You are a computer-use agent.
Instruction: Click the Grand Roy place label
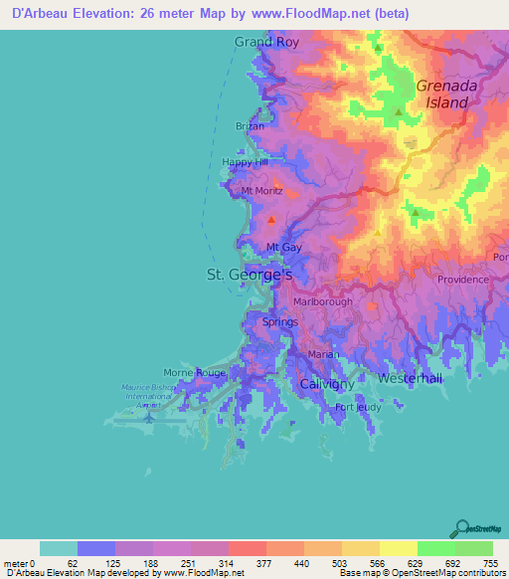(x=265, y=42)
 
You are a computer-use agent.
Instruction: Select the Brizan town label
(x=250, y=126)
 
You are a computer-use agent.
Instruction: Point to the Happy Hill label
(x=245, y=162)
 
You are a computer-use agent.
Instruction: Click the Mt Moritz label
(x=261, y=190)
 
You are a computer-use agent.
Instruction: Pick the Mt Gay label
(x=283, y=247)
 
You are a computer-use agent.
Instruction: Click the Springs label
(x=279, y=322)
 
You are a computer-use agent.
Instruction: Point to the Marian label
(x=322, y=354)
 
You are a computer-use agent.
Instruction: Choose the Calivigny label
(x=328, y=383)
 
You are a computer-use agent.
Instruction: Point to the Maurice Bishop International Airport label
(x=148, y=396)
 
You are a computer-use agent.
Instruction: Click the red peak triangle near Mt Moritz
(x=270, y=219)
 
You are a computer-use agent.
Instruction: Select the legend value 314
(x=228, y=564)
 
